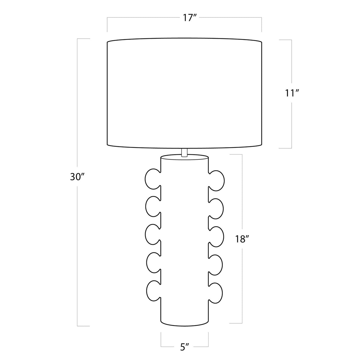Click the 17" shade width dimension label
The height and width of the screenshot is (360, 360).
click(x=190, y=18)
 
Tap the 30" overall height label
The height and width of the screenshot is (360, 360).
click(x=76, y=177)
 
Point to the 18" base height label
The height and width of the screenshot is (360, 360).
click(x=241, y=239)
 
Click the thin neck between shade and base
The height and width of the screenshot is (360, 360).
click(x=184, y=152)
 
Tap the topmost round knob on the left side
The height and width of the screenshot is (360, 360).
click(x=153, y=179)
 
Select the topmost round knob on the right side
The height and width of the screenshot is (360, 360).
click(x=216, y=180)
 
